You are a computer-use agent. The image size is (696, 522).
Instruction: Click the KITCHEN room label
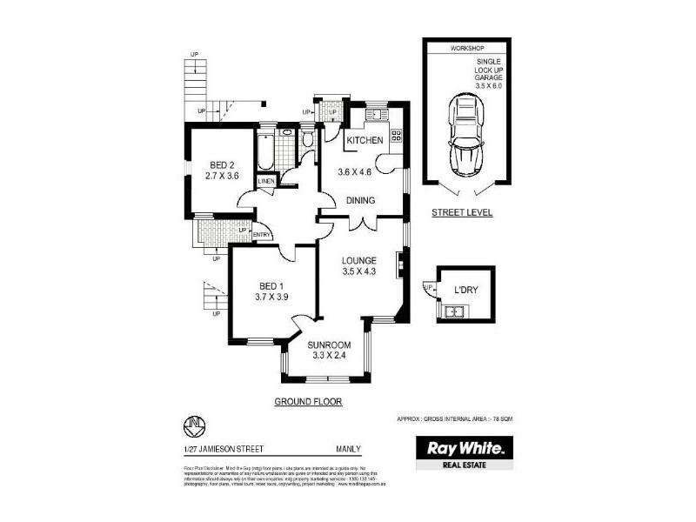coord(365,141)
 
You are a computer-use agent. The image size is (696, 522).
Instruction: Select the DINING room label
coord(360,201)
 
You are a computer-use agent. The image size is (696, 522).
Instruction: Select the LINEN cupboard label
coord(266,181)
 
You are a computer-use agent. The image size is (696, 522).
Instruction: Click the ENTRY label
coord(261,236)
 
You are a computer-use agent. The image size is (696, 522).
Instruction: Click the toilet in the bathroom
coord(308,142)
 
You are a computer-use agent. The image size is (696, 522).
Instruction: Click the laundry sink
coord(453,311)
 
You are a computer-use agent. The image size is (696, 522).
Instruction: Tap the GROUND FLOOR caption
coord(308,402)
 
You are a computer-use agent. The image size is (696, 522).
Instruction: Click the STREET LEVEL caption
coord(462,212)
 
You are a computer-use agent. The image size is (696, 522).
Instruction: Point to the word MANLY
coord(371,449)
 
